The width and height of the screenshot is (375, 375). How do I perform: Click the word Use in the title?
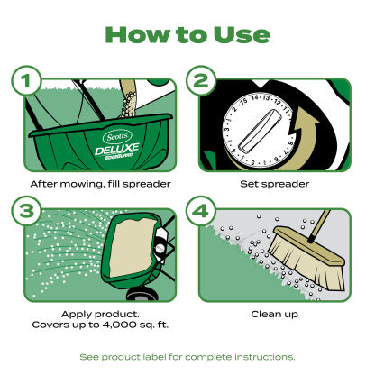[242, 35]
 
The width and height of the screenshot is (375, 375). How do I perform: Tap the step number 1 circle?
[26, 80]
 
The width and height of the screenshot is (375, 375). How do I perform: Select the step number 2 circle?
[200, 80]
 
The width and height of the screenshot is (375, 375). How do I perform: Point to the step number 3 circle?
[26, 211]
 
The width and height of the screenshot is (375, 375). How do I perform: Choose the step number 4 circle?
[200, 211]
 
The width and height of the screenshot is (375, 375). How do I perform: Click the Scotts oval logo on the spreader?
[117, 137]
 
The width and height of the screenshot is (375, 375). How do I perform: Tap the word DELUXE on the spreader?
[117, 149]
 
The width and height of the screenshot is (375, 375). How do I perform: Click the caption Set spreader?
[275, 184]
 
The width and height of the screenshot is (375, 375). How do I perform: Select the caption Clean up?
[275, 314]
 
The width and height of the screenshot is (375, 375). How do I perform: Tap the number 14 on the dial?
[255, 97]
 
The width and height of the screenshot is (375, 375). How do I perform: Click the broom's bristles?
[305, 263]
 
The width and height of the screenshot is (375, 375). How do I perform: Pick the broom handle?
[319, 226]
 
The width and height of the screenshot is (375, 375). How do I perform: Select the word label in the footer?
[155, 357]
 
